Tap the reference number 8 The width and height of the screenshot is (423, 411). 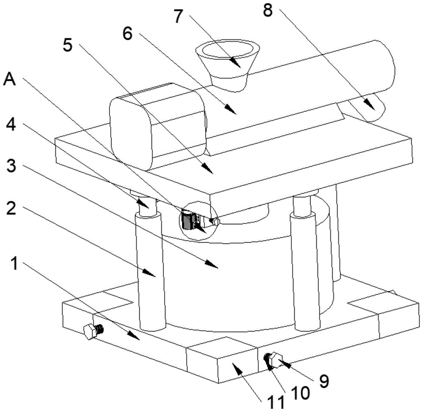tap(268, 11)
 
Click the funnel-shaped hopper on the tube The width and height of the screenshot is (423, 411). tap(228, 63)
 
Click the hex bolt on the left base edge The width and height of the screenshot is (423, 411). tap(90, 331)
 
